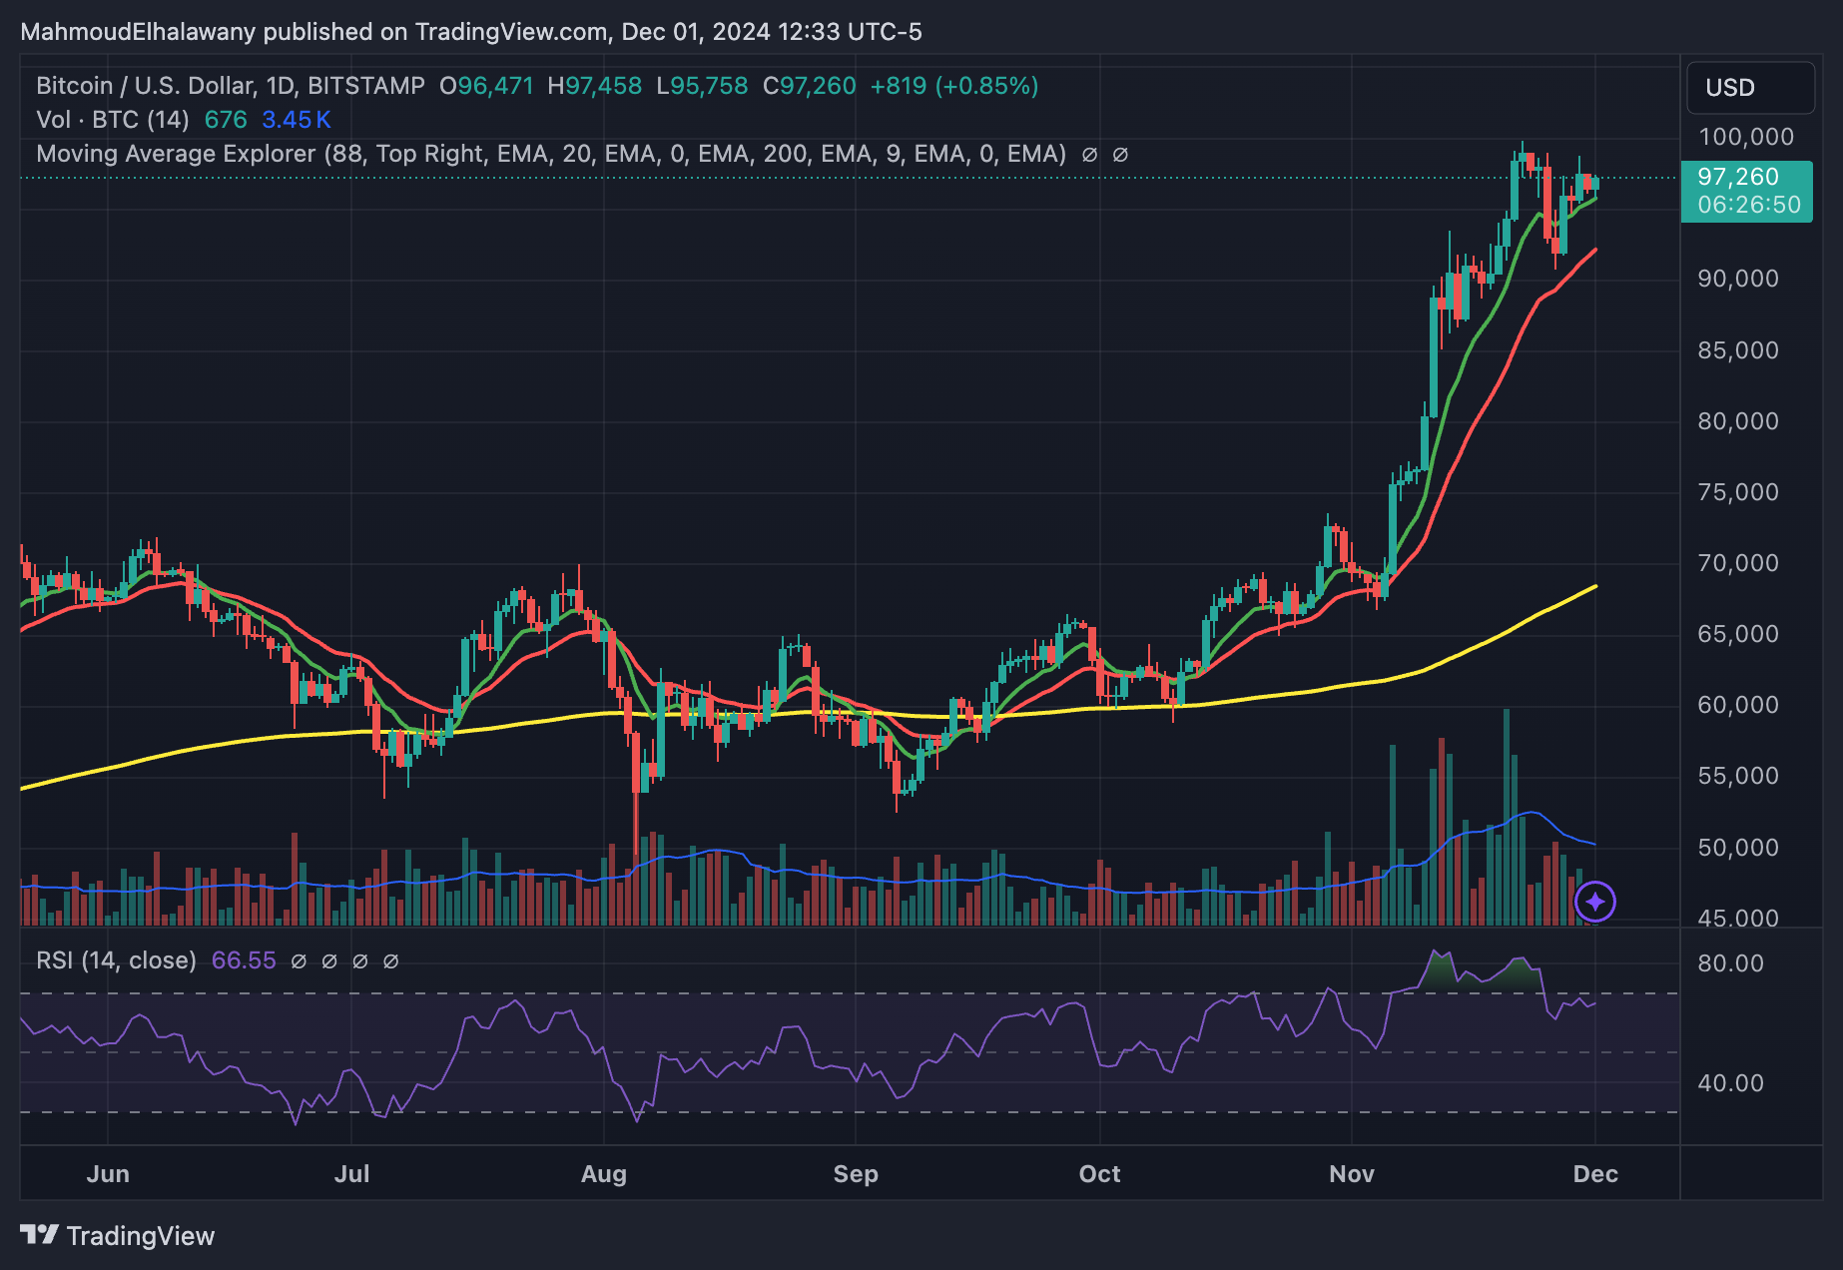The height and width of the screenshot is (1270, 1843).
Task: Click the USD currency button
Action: [x=1749, y=88]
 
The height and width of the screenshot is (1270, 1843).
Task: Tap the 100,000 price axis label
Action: [x=1745, y=137]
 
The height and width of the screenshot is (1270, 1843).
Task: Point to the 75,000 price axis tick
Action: [x=1738, y=492]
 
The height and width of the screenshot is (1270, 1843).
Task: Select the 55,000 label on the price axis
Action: [x=1738, y=776]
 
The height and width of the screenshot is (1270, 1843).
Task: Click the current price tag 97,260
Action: [x=1738, y=177]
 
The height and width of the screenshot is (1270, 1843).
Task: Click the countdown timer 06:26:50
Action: [x=1748, y=205]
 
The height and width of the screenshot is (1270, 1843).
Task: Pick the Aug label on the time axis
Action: [x=604, y=1174]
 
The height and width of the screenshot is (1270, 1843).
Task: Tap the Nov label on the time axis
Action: [x=1352, y=1174]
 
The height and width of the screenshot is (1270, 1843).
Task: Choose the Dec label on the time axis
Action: [x=1595, y=1174]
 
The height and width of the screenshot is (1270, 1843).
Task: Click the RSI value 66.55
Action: [x=244, y=960]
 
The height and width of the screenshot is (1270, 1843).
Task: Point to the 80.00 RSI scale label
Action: [x=1730, y=963]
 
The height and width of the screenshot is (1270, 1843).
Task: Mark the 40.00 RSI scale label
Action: [x=1730, y=1083]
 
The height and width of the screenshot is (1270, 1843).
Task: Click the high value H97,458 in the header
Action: [x=594, y=86]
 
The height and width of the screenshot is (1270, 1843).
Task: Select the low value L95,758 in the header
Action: [x=702, y=86]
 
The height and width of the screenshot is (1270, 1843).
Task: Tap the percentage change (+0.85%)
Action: [x=986, y=86]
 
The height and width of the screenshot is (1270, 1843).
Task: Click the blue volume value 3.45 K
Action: [x=296, y=120]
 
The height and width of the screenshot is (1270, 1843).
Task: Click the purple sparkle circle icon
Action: [x=1595, y=903]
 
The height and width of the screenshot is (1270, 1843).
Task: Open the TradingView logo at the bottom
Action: [x=118, y=1236]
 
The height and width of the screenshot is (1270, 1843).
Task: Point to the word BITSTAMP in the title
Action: [x=366, y=86]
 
